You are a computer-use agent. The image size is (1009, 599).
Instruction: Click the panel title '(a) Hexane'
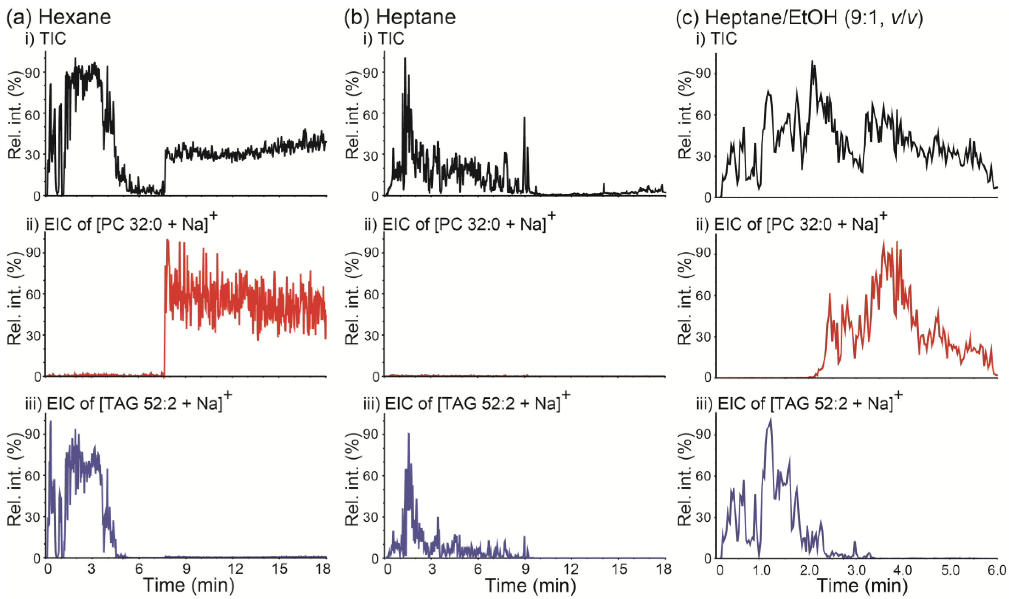(59, 17)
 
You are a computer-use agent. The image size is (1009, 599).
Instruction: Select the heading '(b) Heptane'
(400, 17)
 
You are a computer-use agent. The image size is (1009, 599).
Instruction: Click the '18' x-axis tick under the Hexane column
(322, 569)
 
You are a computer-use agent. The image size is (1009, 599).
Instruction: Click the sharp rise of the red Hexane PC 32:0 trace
(165, 315)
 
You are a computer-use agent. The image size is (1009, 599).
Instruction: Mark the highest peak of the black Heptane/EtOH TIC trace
(812, 61)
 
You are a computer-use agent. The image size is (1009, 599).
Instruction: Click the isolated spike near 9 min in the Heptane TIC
(524, 118)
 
